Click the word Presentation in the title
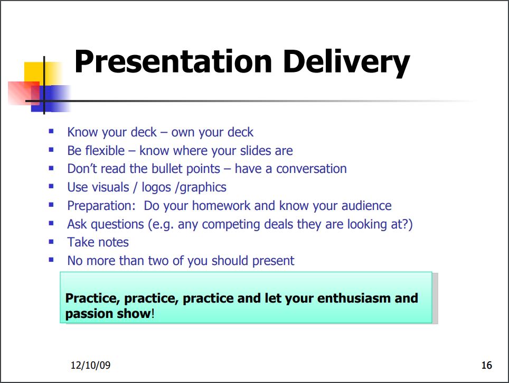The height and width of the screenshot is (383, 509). click(173, 61)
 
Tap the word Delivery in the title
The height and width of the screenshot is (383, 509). click(346, 63)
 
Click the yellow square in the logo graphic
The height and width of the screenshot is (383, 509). click(43, 74)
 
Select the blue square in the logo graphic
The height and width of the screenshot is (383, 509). click(51, 98)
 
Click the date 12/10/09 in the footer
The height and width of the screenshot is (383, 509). click(91, 365)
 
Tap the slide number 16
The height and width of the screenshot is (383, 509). click(487, 365)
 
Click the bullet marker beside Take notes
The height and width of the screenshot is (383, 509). click(51, 242)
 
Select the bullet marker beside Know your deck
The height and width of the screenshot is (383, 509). click(51, 131)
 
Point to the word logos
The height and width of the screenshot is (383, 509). click(156, 188)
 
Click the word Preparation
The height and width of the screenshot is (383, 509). click(101, 206)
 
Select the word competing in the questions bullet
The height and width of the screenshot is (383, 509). click(231, 225)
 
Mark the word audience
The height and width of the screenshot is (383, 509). click(366, 206)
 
